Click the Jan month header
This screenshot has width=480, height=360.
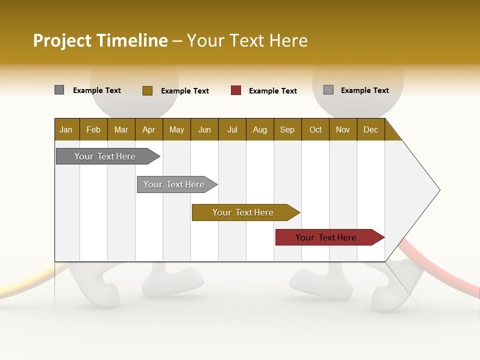coord(66,129)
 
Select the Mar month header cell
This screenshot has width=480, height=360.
coord(121,129)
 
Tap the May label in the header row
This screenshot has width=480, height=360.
coord(176,129)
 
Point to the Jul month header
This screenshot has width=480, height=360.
coord(232,129)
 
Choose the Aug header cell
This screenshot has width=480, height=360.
coord(259,129)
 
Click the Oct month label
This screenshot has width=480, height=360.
coord(315,129)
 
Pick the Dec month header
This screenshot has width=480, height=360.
coord(370,129)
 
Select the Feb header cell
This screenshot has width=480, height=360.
coord(93,129)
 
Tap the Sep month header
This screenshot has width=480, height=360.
coord(287,129)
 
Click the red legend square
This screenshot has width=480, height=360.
coord(236,90)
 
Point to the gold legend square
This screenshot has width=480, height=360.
coord(147,90)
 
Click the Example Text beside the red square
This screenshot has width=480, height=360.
coord(273,91)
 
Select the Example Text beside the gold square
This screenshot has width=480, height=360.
coord(185,91)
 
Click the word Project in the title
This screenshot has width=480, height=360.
coord(62,40)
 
